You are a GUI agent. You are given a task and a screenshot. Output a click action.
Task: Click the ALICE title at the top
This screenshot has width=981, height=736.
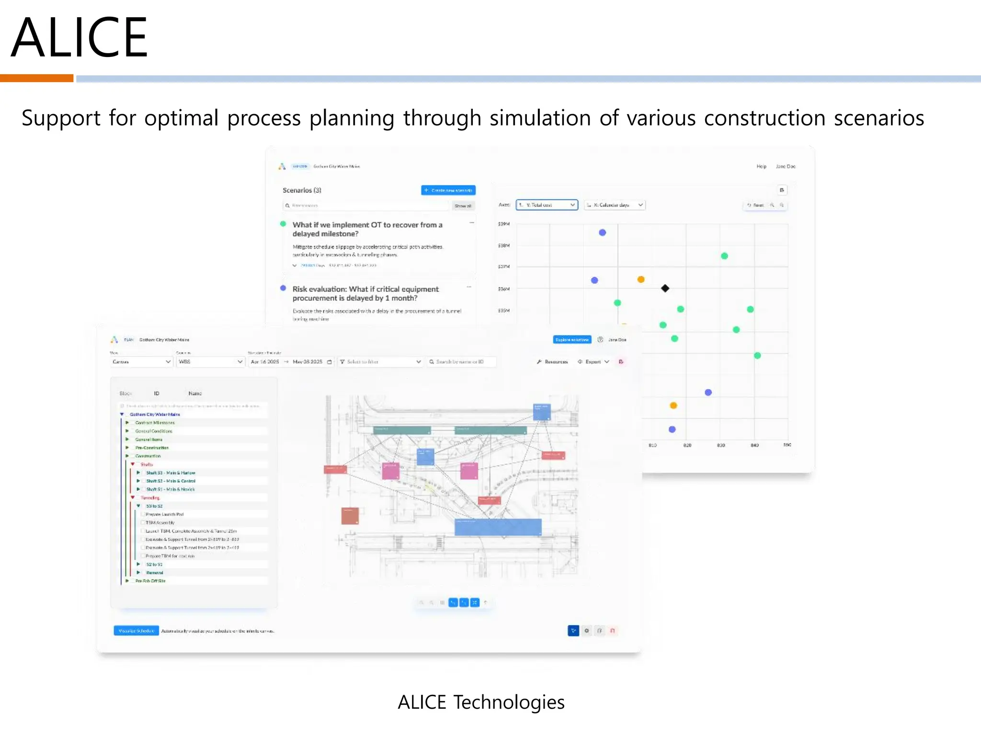(x=79, y=37)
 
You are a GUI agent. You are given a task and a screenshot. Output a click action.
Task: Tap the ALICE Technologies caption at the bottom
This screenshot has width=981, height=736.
(x=481, y=702)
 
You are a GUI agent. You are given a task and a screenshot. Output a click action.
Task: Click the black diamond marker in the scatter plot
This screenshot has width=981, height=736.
(x=665, y=288)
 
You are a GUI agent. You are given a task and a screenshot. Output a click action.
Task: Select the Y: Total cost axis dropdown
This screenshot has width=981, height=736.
(x=547, y=205)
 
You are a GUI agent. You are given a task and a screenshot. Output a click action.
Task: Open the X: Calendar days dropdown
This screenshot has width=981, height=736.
(x=614, y=205)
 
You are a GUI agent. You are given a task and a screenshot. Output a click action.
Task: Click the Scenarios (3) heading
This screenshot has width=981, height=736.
(x=302, y=190)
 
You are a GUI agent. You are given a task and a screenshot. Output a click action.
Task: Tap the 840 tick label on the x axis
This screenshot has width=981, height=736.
(x=754, y=445)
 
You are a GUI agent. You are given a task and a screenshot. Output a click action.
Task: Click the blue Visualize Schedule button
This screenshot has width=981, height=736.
(x=136, y=631)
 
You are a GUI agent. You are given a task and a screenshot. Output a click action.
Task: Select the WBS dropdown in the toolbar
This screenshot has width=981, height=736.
(x=210, y=362)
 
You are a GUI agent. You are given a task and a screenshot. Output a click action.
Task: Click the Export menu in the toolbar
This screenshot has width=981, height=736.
(x=593, y=362)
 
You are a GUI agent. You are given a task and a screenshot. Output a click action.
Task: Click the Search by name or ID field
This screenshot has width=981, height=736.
(x=461, y=362)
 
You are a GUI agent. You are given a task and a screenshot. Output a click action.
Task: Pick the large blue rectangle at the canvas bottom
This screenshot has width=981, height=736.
(x=498, y=527)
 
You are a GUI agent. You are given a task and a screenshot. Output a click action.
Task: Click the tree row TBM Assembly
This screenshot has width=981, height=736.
(x=160, y=523)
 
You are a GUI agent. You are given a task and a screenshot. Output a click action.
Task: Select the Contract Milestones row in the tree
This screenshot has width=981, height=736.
(x=155, y=423)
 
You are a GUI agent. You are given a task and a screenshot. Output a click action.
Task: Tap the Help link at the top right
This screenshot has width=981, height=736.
(x=761, y=166)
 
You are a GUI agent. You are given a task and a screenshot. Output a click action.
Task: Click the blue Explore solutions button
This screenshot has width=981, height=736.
(x=572, y=340)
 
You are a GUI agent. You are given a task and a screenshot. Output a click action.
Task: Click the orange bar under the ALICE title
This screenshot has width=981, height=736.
(x=36, y=78)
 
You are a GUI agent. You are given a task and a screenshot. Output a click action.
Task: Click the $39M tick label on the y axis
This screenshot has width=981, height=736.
(x=504, y=224)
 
